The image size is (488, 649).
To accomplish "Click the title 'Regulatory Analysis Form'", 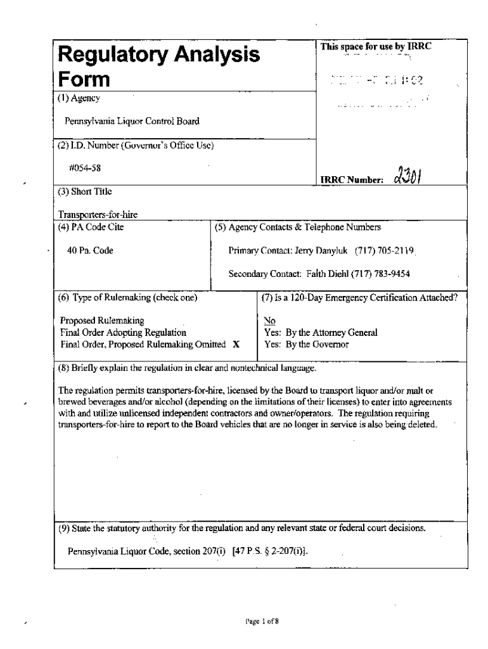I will (x=158, y=67).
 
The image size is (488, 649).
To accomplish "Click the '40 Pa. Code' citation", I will (x=90, y=250).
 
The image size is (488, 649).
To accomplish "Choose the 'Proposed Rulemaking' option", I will (x=102, y=321).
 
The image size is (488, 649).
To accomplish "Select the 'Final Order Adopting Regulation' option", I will (x=123, y=333).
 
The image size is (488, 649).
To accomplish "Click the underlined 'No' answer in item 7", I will (x=269, y=321).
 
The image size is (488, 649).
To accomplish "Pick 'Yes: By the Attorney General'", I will (x=321, y=333).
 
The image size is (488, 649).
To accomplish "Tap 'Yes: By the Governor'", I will (x=307, y=345).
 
